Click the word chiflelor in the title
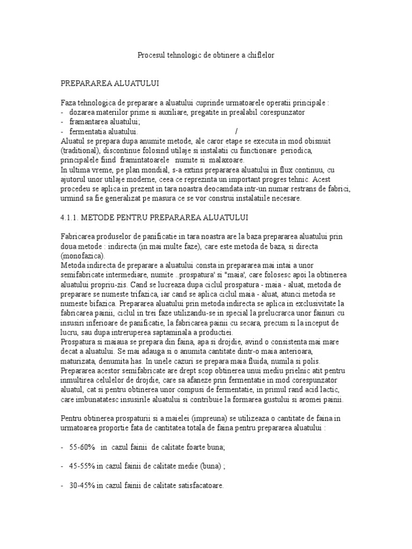click(x=260, y=55)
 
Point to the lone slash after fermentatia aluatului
click(x=236, y=131)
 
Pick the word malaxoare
click(x=225, y=160)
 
